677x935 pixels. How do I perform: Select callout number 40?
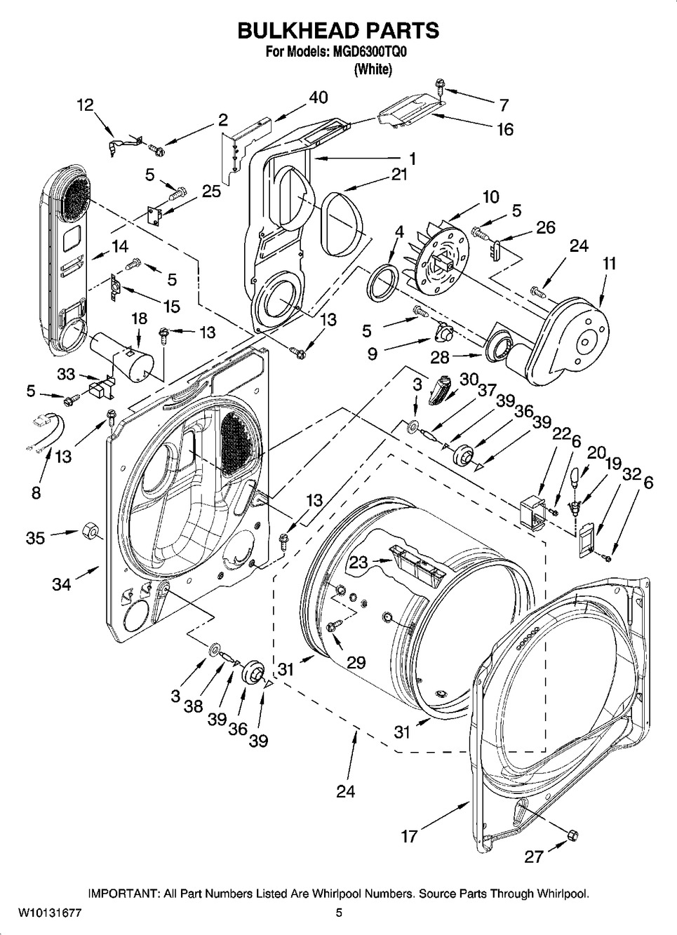pos(318,97)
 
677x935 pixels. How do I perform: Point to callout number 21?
pos(398,175)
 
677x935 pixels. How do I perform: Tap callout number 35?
pos(35,538)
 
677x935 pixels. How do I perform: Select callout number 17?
pos(409,835)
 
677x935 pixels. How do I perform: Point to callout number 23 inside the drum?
pos(358,562)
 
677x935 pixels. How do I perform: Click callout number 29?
pos(356,662)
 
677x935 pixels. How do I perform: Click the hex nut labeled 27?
pos(572,834)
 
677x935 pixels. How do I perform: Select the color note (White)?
pos(373,69)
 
